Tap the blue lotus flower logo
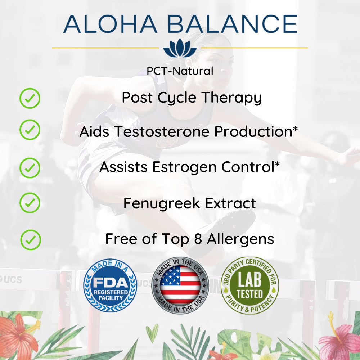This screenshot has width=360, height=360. (180, 48)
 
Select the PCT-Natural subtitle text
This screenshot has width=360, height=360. (180, 71)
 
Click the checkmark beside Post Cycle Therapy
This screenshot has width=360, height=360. (30, 98)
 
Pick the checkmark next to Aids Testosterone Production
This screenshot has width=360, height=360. (30, 130)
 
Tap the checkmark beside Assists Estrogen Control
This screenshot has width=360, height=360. (30, 168)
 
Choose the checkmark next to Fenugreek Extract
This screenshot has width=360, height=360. (30, 203)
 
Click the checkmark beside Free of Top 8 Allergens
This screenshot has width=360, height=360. (31, 240)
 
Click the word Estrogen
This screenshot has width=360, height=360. (184, 167)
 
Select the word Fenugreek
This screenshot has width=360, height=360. (162, 204)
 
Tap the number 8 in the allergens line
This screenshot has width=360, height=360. (198, 239)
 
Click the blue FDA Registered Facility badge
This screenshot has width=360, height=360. (110, 285)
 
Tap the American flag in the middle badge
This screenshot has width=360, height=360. (180, 285)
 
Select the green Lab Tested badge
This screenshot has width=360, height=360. (250, 285)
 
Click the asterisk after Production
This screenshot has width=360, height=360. (295, 129)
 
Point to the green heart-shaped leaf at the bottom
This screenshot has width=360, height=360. (152, 332)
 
